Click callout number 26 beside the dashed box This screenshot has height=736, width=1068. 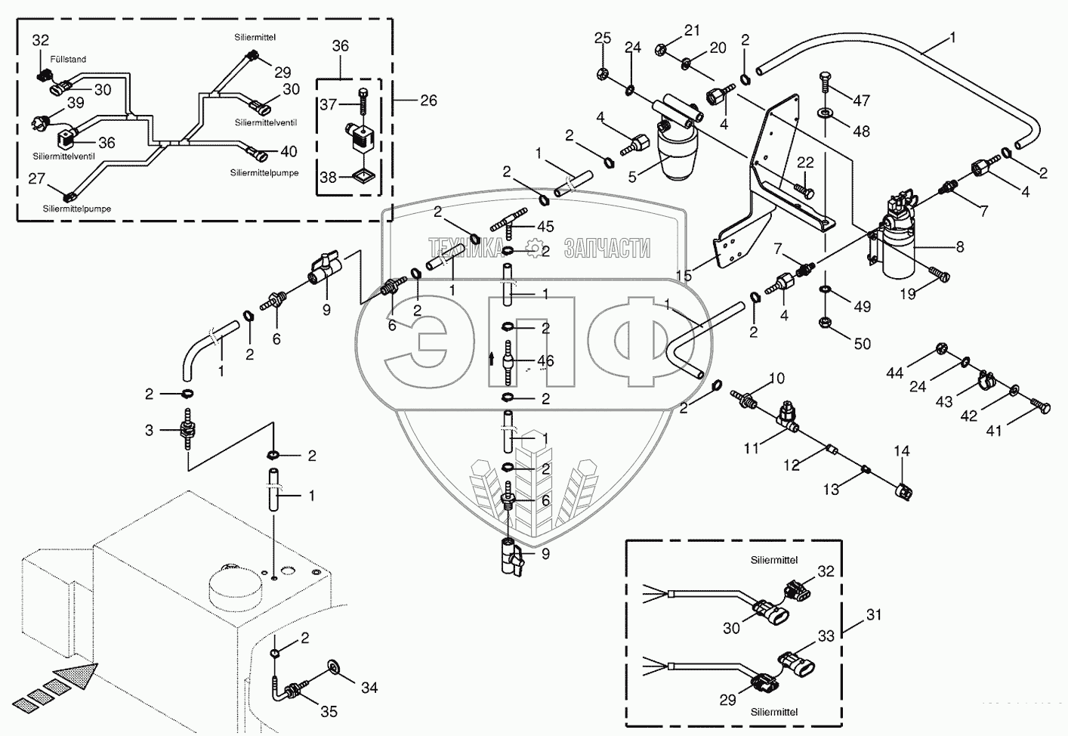tap(428, 101)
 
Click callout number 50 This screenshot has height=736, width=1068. tap(862, 344)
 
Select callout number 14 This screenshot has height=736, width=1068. tap(902, 451)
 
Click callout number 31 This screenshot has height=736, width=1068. tap(873, 615)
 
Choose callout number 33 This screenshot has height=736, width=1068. tap(826, 636)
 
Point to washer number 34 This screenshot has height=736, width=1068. tap(333, 667)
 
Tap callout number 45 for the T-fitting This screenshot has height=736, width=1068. tap(545, 226)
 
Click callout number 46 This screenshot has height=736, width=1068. tap(545, 361)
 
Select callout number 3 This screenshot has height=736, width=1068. tap(149, 430)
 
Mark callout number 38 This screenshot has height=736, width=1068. tap(328, 177)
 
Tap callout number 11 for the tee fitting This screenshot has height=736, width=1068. tap(752, 448)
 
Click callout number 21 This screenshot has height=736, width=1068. tap(693, 30)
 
